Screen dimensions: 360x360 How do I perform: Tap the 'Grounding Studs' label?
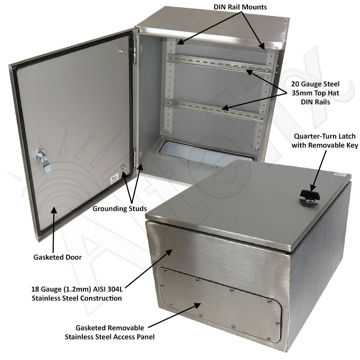(x=119, y=209)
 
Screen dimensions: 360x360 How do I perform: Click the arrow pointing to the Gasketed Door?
(x=54, y=229)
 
